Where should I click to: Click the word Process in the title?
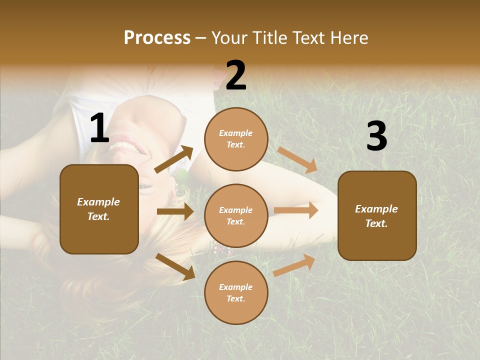click(157, 38)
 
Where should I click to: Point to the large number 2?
click(236, 76)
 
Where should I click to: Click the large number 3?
click(376, 136)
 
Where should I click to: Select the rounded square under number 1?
click(99, 209)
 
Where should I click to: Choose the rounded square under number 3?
click(377, 215)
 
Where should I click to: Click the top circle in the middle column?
click(236, 138)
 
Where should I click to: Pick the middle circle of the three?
click(236, 215)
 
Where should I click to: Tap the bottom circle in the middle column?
click(236, 292)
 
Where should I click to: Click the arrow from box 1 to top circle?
click(174, 159)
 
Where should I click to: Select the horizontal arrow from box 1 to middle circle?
click(175, 211)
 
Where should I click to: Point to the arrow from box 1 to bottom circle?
click(175, 266)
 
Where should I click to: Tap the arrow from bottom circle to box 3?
click(294, 265)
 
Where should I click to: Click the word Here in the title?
click(349, 38)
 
